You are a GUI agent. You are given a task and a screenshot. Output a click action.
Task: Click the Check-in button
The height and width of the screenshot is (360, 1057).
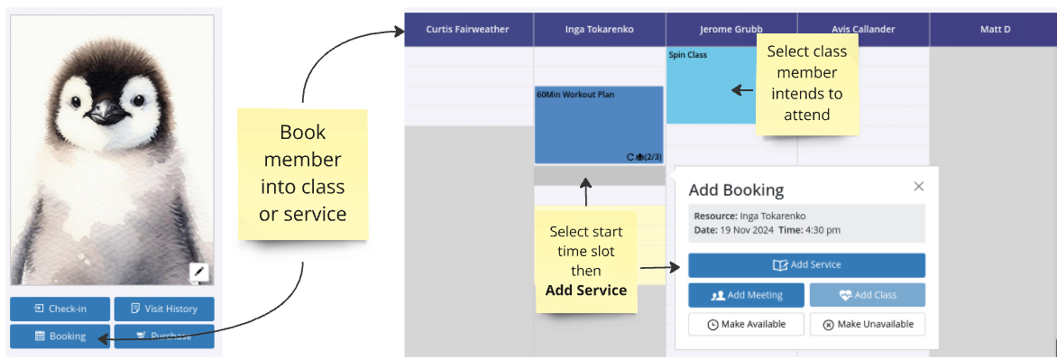point(58,309)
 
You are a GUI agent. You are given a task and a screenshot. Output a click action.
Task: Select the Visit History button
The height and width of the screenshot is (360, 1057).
point(164,309)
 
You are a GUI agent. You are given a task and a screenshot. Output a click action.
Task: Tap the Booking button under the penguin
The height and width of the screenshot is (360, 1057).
point(58,336)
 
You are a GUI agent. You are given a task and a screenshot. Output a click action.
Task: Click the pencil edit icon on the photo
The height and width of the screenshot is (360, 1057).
point(198,272)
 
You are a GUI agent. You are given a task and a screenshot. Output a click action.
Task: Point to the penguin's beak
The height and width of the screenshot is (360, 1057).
point(105,111)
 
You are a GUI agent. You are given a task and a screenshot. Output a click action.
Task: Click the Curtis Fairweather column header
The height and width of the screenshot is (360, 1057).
point(468,30)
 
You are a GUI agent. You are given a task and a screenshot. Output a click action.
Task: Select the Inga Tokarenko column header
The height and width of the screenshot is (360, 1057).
point(599,30)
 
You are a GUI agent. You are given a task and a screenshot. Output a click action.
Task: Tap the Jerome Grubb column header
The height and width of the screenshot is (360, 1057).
point(731,30)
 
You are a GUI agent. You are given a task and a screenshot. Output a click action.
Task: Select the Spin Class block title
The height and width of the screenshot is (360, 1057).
point(687,55)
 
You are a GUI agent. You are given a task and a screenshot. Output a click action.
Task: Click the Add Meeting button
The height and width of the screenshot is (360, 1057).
point(746,295)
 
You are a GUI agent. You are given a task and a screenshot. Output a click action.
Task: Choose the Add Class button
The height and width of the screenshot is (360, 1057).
point(867,295)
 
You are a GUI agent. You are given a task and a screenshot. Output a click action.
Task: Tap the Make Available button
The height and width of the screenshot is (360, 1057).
point(746,324)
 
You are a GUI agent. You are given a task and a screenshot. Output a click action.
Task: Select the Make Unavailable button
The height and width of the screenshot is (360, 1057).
point(867,324)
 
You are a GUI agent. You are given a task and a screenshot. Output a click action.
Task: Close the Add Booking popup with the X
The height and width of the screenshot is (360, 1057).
point(918,186)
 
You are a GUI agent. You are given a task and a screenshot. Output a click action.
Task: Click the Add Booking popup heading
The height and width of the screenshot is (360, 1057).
point(736,190)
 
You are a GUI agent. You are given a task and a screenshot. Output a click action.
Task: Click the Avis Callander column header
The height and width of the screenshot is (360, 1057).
point(863,30)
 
